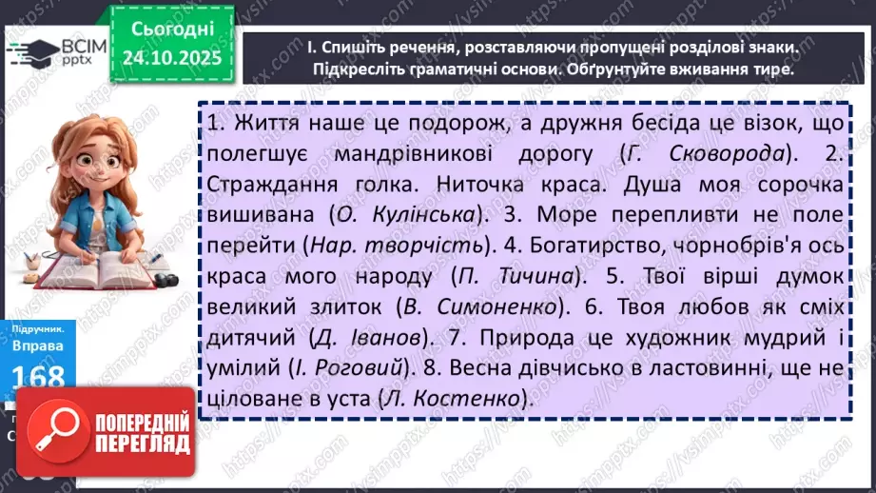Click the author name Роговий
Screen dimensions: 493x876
pos(363,369)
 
